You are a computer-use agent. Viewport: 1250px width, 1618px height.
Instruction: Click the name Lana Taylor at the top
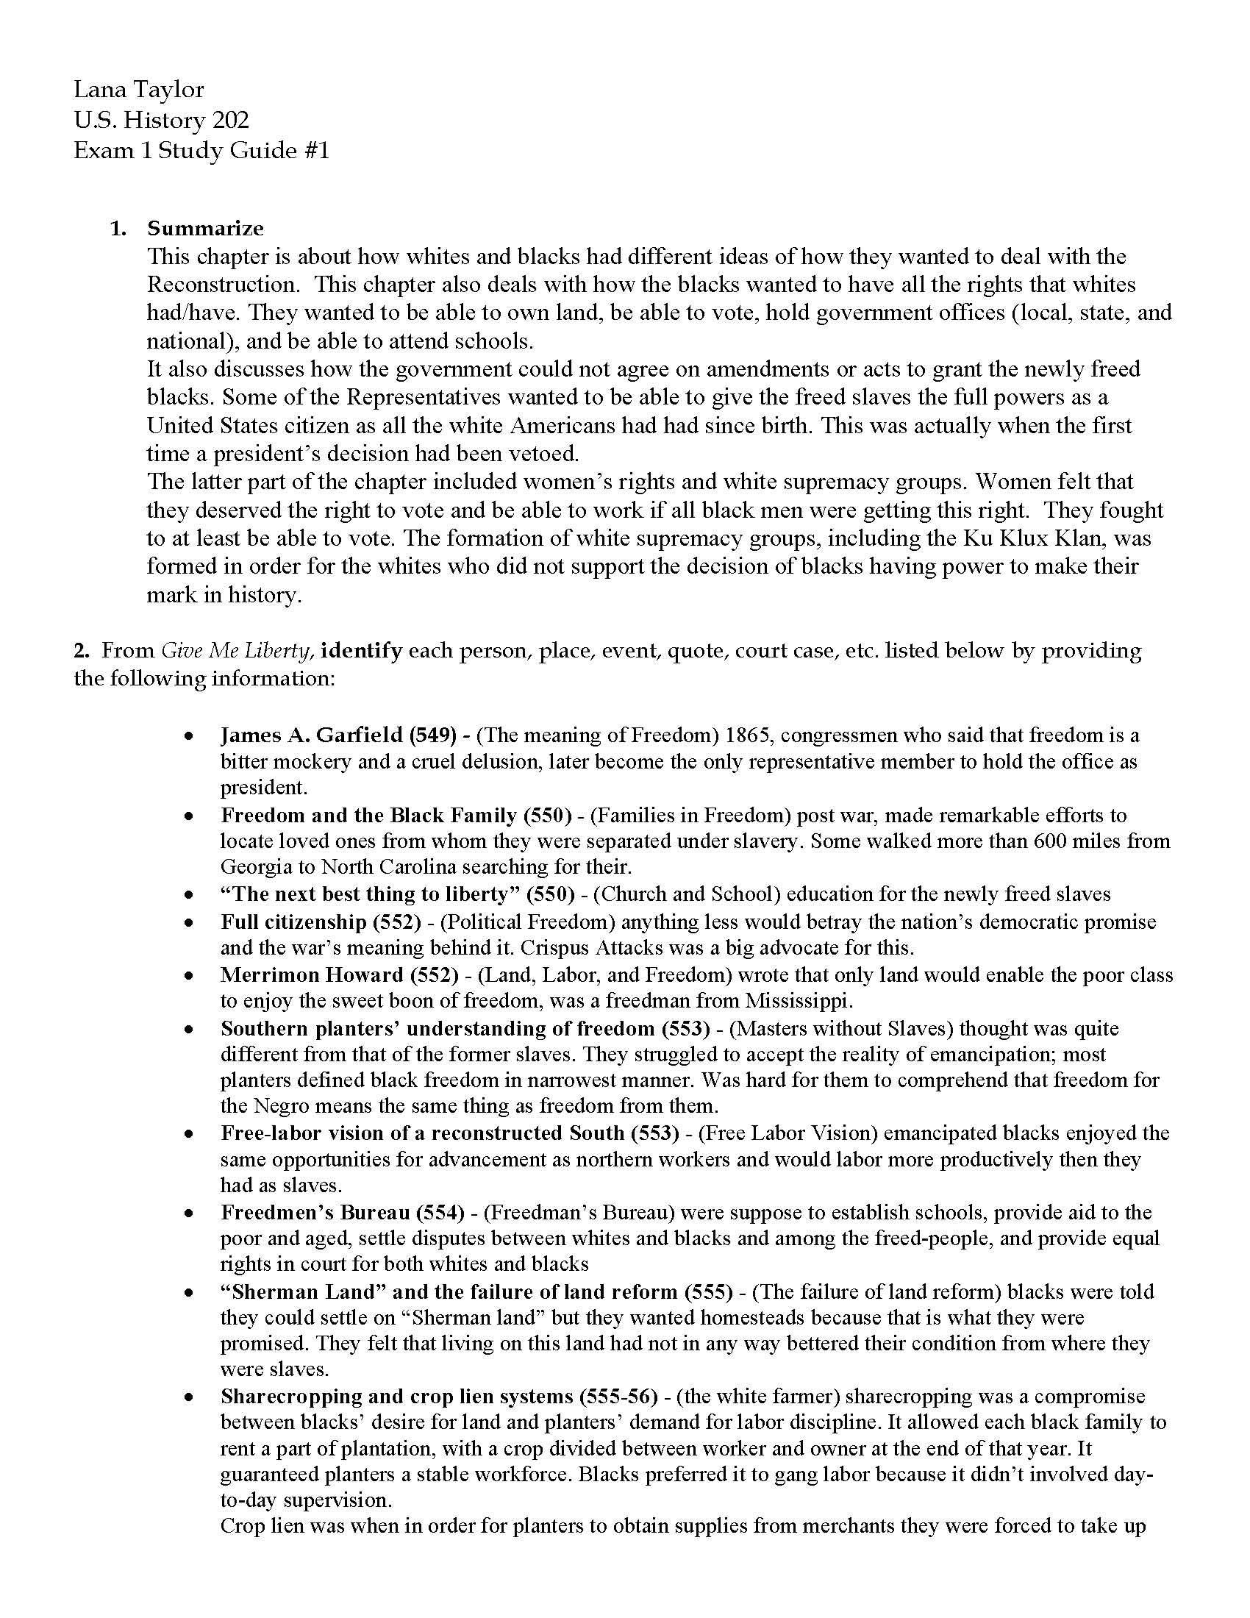[x=138, y=90]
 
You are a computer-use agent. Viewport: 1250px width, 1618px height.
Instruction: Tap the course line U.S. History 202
[x=162, y=120]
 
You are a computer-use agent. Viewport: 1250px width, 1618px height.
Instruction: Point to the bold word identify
[x=361, y=650]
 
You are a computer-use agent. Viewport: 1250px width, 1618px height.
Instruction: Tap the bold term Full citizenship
[x=293, y=922]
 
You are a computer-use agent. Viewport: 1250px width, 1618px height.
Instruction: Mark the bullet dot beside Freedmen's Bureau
[x=190, y=1213]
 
